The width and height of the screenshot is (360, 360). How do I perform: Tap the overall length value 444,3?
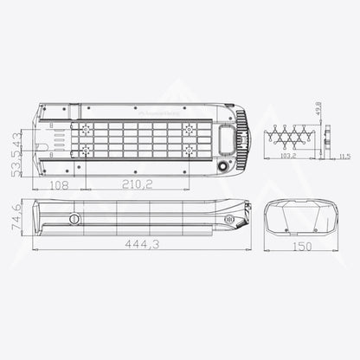coord(141,245)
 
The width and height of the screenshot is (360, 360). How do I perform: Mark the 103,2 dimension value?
coord(286,157)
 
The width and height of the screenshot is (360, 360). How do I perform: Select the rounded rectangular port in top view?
coord(228,138)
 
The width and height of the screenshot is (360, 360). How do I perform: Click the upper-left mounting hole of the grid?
coord(86,127)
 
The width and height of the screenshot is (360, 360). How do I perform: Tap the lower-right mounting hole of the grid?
coord(190,149)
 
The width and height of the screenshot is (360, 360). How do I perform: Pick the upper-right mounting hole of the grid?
coord(190,127)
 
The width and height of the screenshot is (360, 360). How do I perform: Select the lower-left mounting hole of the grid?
coord(86,149)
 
